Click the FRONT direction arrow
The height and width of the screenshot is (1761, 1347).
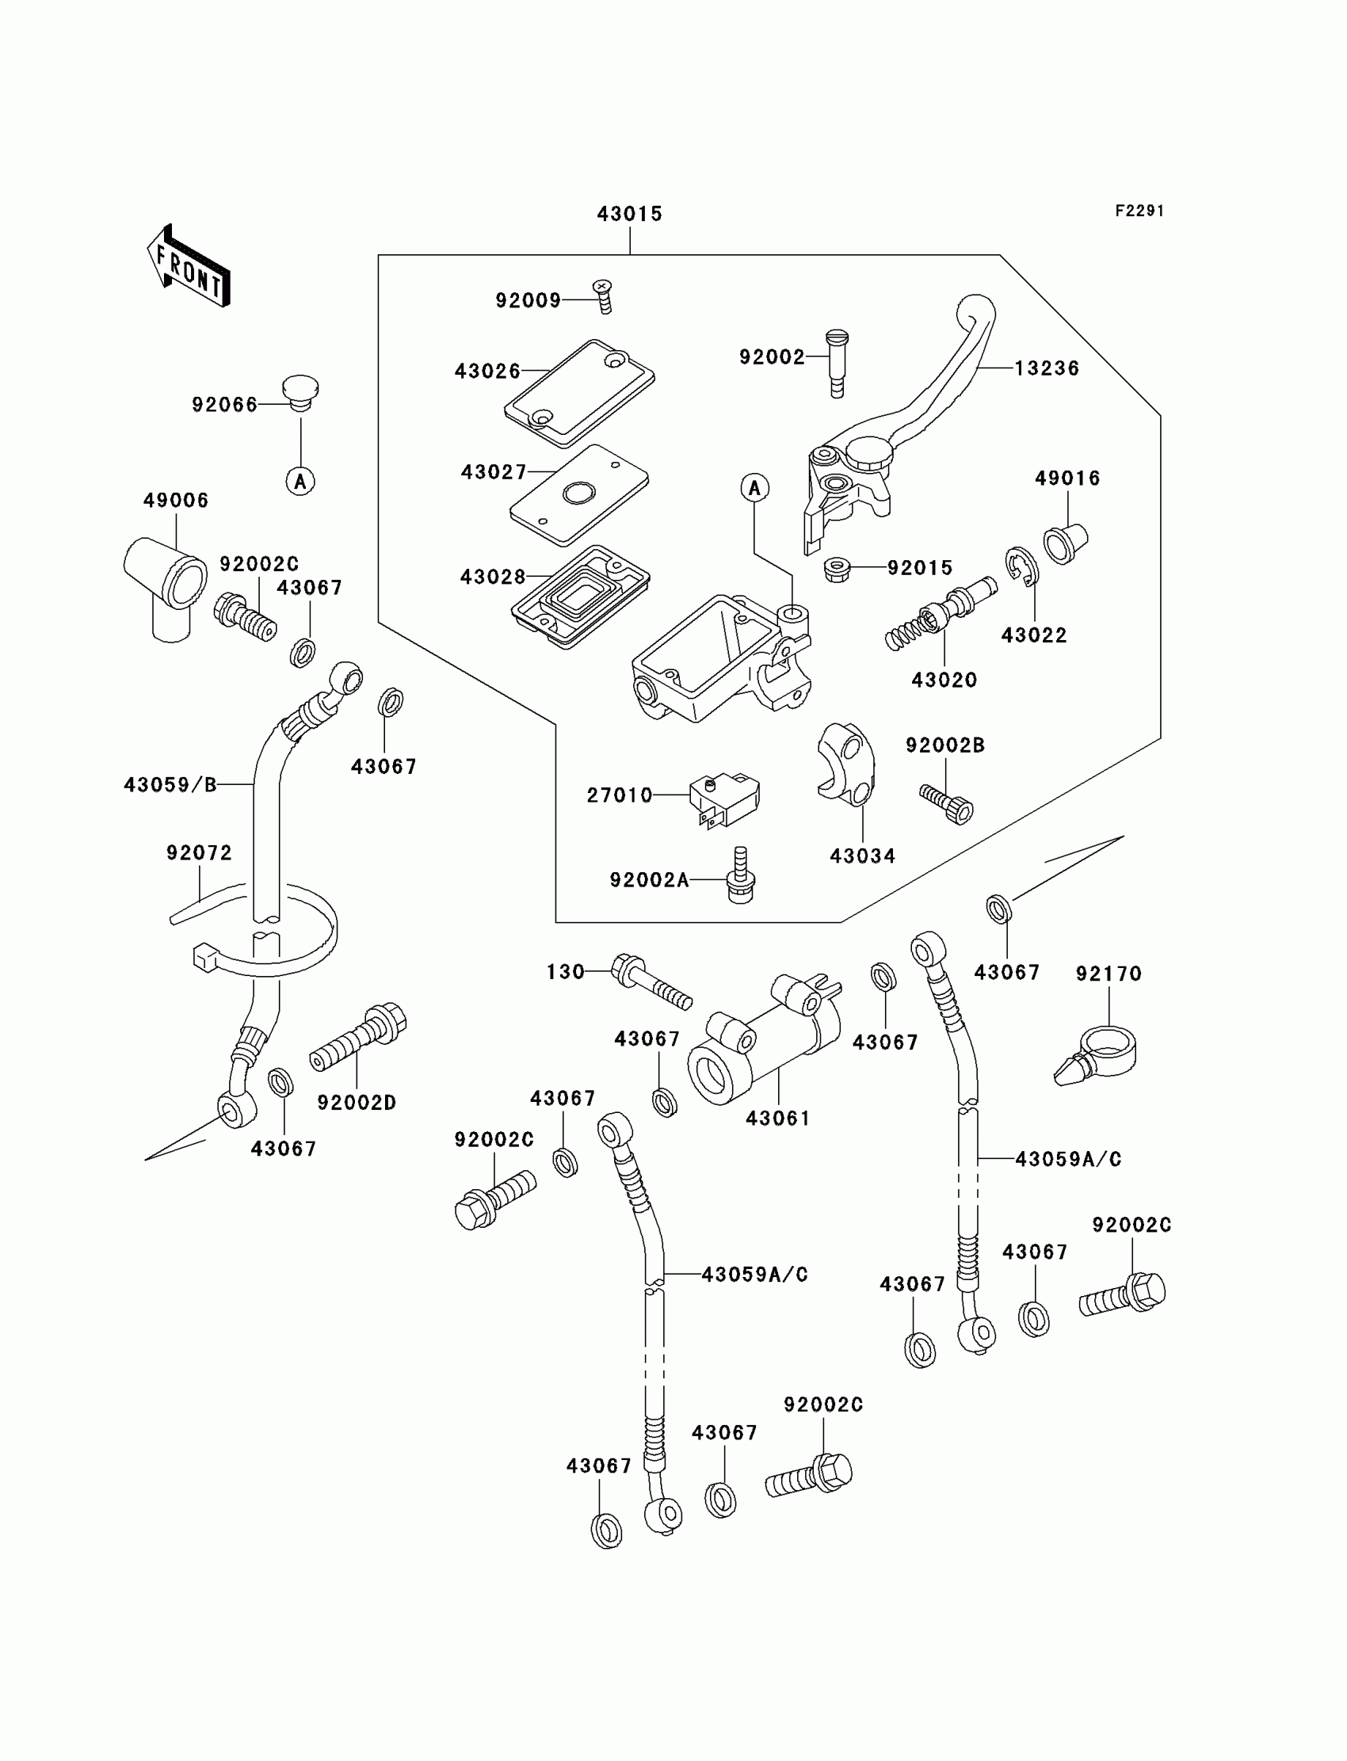click(189, 267)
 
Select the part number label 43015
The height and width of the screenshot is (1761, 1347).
click(629, 214)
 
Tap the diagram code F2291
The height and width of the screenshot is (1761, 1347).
click(1139, 211)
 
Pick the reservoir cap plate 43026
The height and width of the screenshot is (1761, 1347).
click(579, 393)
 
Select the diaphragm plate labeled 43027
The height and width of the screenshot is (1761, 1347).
click(579, 494)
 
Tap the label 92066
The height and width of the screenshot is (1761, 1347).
click(224, 405)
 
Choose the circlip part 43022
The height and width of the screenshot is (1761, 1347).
click(1021, 566)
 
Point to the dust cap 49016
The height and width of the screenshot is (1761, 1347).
click(1065, 543)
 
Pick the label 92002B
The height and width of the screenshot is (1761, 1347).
click(945, 745)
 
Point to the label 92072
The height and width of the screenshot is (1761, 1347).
click(199, 853)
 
